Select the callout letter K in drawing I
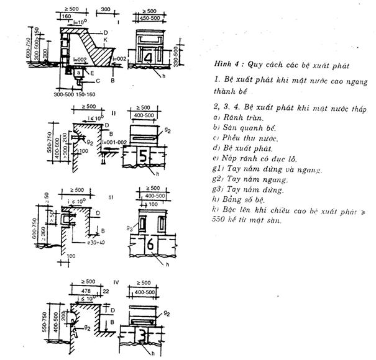107,39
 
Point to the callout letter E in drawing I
91,73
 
